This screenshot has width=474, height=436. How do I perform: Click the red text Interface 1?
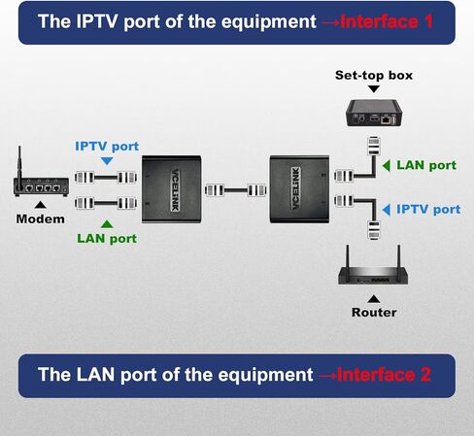coord(375,20)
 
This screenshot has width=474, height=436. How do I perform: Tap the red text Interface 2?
coord(373,374)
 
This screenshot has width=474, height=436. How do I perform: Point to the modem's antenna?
coord(20,159)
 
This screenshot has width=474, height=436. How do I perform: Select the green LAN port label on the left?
coord(106,238)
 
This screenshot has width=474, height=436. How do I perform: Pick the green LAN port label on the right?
coord(425,165)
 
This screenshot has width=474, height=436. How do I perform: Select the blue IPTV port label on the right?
coord(427,209)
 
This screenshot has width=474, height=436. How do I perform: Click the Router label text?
coord(373,313)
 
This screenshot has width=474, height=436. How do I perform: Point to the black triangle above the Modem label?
coord(41,204)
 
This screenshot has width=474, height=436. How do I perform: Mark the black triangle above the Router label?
coord(373,298)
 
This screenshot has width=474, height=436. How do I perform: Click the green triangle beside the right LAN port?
coord(386,165)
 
